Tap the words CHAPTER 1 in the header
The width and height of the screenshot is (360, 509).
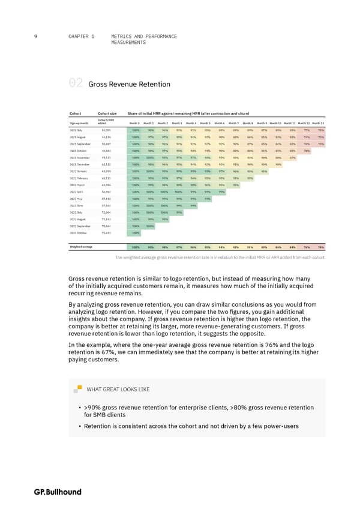coord(82,37)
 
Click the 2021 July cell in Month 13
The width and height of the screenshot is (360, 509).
coord(321,130)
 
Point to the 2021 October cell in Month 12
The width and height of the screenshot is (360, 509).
coord(307,151)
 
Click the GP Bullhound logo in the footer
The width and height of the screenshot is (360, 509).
coord(58,492)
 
